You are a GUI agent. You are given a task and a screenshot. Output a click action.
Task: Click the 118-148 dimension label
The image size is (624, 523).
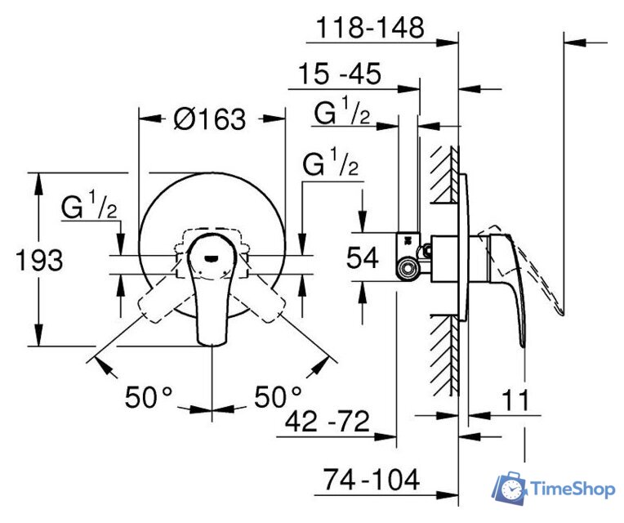click(x=370, y=28)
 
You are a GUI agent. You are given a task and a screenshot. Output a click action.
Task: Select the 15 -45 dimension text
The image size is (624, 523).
click(x=340, y=74)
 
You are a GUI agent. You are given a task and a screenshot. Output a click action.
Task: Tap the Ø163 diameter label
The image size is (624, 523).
click(x=210, y=118)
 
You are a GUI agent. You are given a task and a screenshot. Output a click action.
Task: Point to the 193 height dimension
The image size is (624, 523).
click(x=39, y=261)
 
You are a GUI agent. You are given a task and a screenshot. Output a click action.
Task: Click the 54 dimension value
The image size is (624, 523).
click(x=362, y=257)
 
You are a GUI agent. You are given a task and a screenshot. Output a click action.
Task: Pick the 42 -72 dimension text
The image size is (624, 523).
click(x=328, y=422)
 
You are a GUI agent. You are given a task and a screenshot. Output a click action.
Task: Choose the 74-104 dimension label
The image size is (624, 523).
click(x=371, y=480)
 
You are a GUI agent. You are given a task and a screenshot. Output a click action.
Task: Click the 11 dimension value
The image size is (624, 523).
click(x=516, y=400)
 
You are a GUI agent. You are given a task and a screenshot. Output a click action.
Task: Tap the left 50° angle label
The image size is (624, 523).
click(x=149, y=397)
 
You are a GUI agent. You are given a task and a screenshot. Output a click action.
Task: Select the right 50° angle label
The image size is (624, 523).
click(x=279, y=396)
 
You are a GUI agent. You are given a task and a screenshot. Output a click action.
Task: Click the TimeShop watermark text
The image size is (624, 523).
click(x=573, y=489)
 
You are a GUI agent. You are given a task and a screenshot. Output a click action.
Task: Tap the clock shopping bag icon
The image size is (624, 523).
click(x=510, y=488)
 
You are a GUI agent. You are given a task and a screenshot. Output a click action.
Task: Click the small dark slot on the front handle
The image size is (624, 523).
click(x=211, y=258)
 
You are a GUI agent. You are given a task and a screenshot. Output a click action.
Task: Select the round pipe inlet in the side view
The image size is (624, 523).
click(x=407, y=269)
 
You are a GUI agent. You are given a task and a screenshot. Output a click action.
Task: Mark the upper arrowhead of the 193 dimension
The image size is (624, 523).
click(x=39, y=184)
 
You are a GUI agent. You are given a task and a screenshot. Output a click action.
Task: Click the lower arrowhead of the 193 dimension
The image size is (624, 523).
click(x=39, y=335)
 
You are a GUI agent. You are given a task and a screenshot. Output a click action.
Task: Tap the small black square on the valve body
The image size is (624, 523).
click(x=407, y=240)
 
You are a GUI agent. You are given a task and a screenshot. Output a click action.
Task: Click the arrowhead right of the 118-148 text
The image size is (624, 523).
click(x=448, y=42)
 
